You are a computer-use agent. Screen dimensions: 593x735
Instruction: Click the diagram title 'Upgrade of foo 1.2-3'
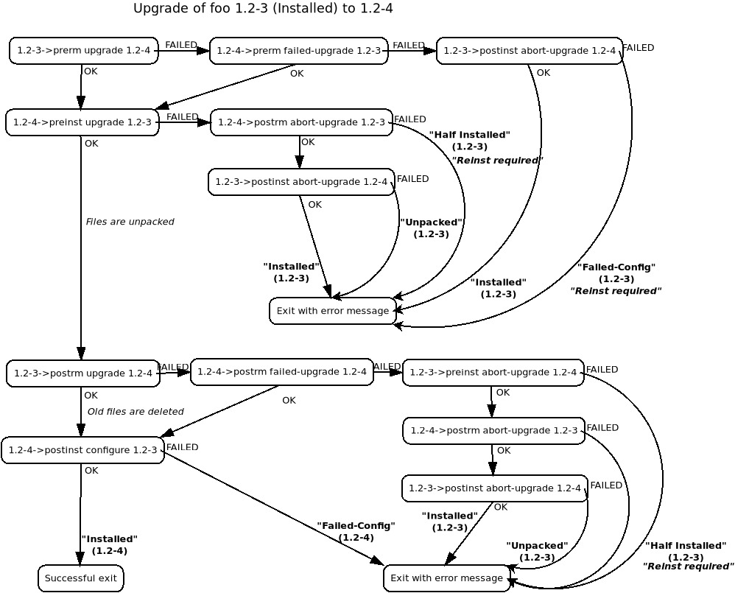click(x=263, y=9)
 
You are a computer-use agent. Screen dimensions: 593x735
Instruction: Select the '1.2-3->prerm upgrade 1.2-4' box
click(x=83, y=51)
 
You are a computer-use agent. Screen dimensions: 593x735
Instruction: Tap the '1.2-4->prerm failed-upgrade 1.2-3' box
click(x=299, y=51)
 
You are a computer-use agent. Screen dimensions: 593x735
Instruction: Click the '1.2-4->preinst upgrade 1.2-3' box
click(x=82, y=122)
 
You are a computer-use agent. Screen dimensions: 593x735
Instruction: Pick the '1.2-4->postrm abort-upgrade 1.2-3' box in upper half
click(x=300, y=122)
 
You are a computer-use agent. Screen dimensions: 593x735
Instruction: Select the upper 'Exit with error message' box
click(x=333, y=311)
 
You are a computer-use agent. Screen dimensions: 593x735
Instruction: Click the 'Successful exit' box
click(x=80, y=578)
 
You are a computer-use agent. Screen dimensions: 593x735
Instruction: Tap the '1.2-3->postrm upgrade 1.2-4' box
click(x=83, y=373)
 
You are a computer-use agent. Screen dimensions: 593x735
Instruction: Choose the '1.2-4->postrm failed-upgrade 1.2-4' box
click(x=281, y=372)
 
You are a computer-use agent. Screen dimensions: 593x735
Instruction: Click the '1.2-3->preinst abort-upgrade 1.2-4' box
click(x=493, y=373)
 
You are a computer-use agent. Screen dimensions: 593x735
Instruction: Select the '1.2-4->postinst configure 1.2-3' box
click(x=82, y=450)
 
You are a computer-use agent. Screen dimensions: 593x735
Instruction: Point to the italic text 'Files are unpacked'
click(x=130, y=222)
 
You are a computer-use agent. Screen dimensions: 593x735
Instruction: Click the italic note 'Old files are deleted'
click(x=136, y=412)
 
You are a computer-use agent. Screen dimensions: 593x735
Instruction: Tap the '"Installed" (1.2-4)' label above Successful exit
click(x=109, y=545)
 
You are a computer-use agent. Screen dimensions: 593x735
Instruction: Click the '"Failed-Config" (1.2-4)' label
click(x=356, y=532)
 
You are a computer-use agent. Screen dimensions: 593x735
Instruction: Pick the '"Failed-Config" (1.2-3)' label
click(x=616, y=278)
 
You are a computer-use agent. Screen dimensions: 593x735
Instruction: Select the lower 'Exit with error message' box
click(x=446, y=578)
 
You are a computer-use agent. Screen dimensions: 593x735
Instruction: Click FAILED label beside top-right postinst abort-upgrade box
click(x=639, y=48)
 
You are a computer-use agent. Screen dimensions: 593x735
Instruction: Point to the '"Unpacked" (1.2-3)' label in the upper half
click(x=432, y=228)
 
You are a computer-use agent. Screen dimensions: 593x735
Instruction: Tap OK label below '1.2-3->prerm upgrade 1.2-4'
click(x=91, y=71)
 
